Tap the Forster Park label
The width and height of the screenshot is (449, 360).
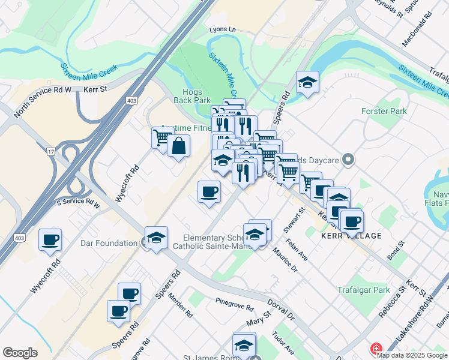pos(384,111)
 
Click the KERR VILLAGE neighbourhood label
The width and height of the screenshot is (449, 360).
pos(351,236)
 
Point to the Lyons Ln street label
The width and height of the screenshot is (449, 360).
pos(223,29)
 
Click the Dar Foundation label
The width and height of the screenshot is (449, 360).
pos(109,243)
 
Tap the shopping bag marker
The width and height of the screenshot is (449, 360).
pos(179,145)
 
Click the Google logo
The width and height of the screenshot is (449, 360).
pos(20,353)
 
